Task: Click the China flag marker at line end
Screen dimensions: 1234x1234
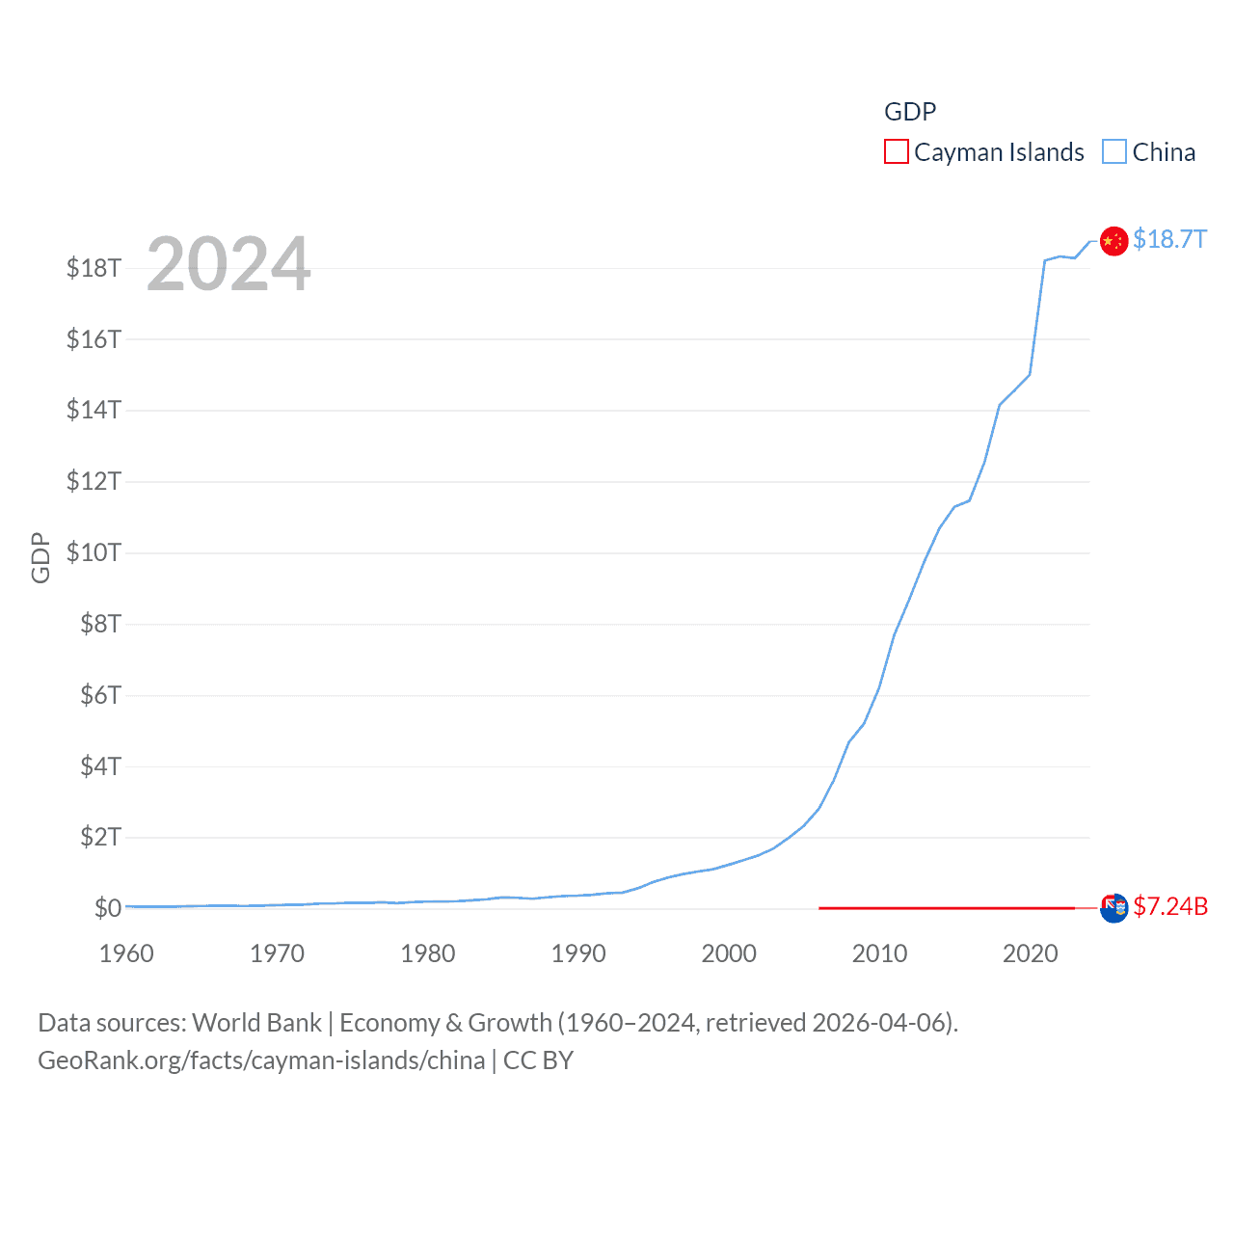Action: (x=1113, y=241)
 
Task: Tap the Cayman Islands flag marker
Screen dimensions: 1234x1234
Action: (x=1113, y=908)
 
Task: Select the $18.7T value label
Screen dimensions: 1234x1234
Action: (x=1169, y=239)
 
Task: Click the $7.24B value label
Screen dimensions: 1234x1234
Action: (x=1170, y=906)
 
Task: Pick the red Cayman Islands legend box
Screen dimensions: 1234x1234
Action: (x=896, y=152)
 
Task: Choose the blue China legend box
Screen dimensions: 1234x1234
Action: (x=1113, y=152)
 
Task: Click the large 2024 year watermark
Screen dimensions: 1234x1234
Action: (x=228, y=263)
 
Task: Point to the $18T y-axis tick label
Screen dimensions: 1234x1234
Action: (x=94, y=268)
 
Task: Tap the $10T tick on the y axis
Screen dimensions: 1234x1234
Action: (x=94, y=552)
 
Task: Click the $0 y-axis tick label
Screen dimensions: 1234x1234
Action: (x=107, y=908)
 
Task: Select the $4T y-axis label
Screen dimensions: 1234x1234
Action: (x=100, y=766)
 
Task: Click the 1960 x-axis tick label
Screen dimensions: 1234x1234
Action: (x=126, y=953)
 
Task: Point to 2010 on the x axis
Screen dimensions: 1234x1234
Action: (x=879, y=953)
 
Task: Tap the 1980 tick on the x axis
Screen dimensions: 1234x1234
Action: (x=427, y=953)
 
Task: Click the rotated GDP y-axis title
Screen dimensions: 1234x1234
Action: (x=40, y=557)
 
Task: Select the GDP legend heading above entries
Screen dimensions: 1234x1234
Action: (x=910, y=112)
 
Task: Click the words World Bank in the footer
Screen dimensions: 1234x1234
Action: (x=256, y=1023)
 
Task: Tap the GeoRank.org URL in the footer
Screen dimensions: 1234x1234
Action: (x=261, y=1060)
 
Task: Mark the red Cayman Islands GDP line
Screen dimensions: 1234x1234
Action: (x=945, y=907)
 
